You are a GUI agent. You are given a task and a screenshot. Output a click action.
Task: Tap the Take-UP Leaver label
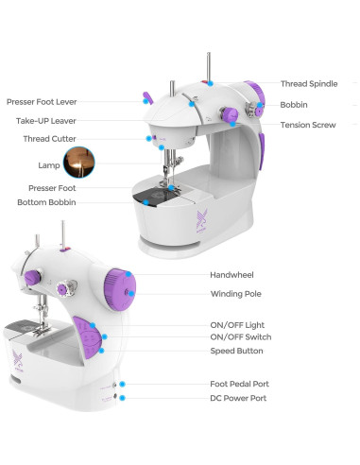click(45, 120)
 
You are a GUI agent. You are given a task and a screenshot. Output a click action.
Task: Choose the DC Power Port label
click(237, 399)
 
